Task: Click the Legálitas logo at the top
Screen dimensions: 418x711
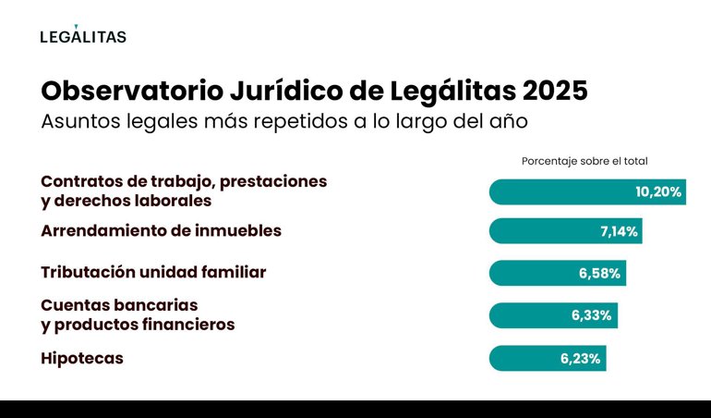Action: [83, 35]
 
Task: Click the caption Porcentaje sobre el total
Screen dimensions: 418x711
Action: [584, 161]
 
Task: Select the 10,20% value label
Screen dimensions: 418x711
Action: [658, 192]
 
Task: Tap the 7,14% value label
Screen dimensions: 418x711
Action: [619, 231]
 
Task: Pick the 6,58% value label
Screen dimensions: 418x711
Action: [600, 274]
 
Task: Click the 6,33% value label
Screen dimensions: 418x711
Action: [592, 315]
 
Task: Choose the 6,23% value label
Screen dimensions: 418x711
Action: [581, 358]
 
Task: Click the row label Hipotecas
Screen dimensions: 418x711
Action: [82, 358]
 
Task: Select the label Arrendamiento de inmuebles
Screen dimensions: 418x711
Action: [161, 231]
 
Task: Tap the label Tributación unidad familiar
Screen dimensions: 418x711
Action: [153, 273]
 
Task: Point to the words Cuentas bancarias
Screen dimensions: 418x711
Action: [119, 304]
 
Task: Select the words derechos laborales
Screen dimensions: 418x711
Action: [133, 200]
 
